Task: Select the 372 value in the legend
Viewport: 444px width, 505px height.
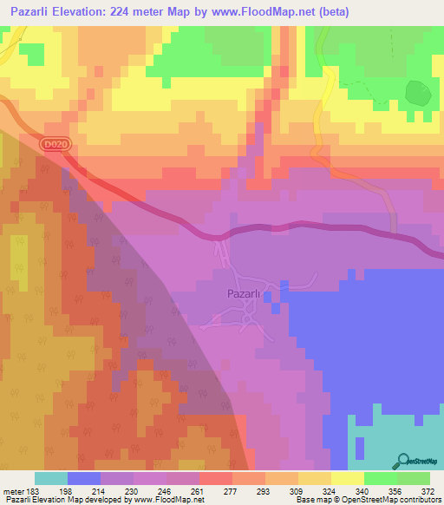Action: (x=428, y=492)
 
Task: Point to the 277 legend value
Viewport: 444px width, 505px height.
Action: (x=231, y=492)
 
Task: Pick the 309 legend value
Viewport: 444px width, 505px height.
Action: (x=297, y=492)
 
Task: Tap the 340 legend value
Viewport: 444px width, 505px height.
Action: (x=362, y=492)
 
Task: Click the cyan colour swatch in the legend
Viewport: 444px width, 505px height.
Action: (x=51, y=478)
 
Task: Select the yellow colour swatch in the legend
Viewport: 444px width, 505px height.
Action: (x=348, y=478)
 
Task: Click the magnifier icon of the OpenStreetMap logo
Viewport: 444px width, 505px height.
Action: (x=402, y=462)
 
